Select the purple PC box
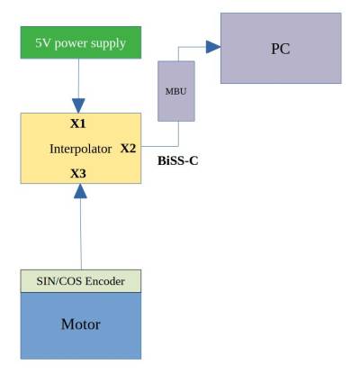click(x=281, y=48)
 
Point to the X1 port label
click(x=79, y=122)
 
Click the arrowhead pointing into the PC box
click(x=212, y=45)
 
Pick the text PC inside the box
click(x=281, y=48)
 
